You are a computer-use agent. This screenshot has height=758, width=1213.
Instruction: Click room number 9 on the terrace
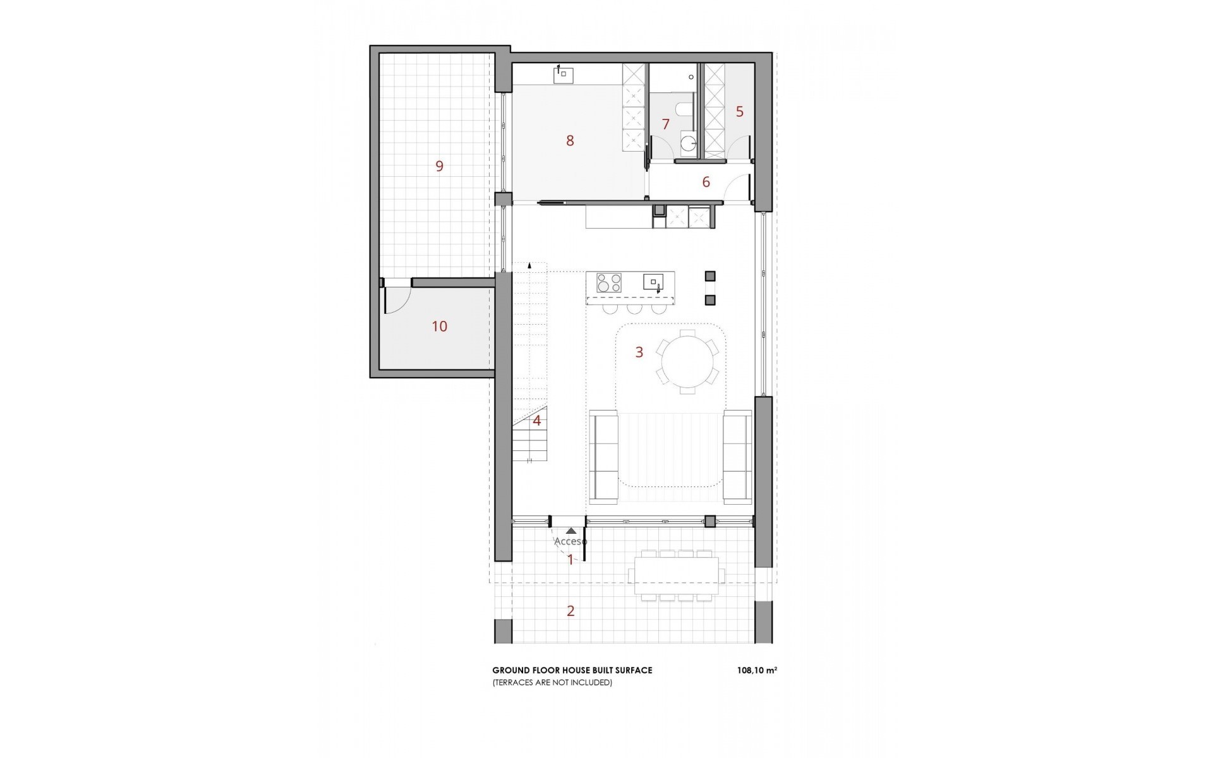click(439, 166)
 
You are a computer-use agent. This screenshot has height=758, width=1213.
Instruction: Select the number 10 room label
click(439, 326)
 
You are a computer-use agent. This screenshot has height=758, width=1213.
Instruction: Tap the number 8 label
click(570, 141)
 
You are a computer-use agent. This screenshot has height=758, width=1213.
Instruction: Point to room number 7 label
click(665, 124)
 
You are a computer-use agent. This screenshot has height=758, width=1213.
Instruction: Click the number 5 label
click(739, 112)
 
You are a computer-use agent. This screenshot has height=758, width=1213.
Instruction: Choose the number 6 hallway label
click(706, 182)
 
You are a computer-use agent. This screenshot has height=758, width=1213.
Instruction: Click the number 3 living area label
click(639, 352)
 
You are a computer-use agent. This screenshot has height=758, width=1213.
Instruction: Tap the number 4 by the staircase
click(537, 421)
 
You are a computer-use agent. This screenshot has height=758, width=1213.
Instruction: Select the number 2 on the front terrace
click(570, 611)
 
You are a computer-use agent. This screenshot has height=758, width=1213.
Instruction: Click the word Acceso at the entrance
click(570, 541)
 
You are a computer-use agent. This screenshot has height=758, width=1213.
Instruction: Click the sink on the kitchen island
click(653, 282)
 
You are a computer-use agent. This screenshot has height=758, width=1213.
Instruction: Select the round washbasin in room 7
click(687, 143)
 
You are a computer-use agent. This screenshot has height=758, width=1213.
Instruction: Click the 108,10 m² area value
click(756, 671)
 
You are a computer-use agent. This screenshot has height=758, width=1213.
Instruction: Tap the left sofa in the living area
click(603, 456)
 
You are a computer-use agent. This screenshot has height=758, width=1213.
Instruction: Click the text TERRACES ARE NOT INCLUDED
click(552, 683)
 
